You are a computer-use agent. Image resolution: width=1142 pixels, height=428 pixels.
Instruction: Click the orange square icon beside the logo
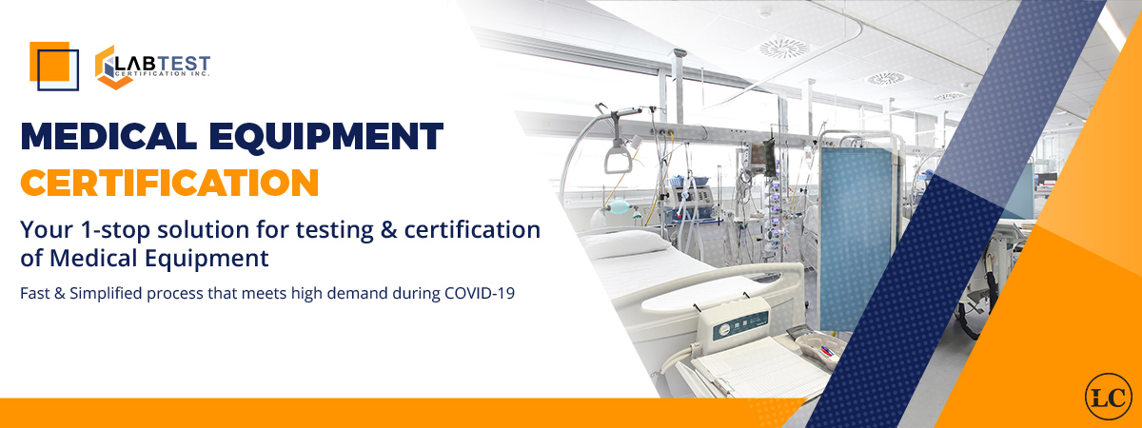click(54, 65)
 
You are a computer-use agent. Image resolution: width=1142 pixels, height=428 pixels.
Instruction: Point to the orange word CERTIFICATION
click(169, 181)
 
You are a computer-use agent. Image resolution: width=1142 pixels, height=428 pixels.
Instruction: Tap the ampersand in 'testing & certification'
click(390, 229)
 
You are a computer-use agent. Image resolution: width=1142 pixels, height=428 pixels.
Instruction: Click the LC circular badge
click(1107, 394)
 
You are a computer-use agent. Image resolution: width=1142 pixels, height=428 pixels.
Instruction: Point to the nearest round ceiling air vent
click(785, 48)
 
